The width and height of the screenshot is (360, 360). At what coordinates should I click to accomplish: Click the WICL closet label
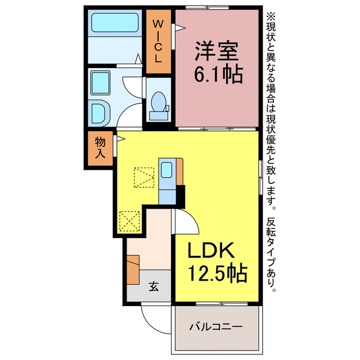tap(158, 41)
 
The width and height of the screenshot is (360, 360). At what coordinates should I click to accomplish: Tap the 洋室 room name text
tap(217, 51)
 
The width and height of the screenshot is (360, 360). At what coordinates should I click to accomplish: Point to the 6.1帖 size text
tap(218, 74)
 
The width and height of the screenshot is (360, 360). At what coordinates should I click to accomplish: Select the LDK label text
tap(211, 250)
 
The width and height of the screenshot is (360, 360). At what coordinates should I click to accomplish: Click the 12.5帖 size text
tap(218, 273)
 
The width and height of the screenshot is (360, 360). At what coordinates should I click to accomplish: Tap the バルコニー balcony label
tap(216, 326)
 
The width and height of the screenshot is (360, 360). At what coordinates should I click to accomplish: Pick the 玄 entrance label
tap(154, 286)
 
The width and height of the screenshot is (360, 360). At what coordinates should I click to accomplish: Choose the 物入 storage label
tap(100, 147)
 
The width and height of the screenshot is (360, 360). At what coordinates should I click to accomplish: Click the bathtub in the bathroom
tap(115, 22)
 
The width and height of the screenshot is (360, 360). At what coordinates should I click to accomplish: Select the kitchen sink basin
tap(166, 170)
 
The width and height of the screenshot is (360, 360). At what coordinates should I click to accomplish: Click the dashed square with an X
tap(130, 221)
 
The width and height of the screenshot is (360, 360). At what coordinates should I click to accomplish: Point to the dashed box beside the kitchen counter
tap(144, 178)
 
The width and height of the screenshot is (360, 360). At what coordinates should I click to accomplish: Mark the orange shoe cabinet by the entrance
tap(133, 269)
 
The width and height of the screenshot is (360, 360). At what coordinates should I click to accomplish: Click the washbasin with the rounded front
tap(101, 113)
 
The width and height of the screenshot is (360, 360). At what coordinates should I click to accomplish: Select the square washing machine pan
tap(100, 83)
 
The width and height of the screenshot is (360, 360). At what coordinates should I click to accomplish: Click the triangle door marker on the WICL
tap(180, 28)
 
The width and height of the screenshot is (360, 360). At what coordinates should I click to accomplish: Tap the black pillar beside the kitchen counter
tap(180, 196)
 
